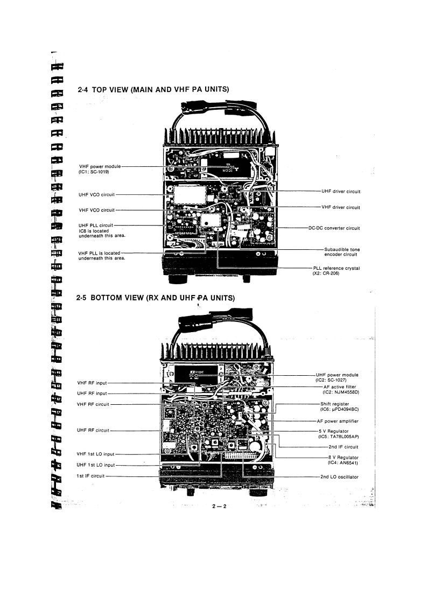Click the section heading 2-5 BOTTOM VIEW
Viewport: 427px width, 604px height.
click(x=157, y=298)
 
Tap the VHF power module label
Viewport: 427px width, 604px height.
click(x=100, y=168)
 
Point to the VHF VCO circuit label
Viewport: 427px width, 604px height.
click(x=96, y=210)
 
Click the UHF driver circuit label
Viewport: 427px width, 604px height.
click(x=340, y=191)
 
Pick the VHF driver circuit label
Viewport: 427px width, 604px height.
click(x=340, y=207)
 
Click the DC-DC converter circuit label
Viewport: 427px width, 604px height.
click(x=334, y=228)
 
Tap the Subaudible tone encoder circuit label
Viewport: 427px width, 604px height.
click(x=341, y=252)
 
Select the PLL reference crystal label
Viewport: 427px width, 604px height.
click(x=336, y=270)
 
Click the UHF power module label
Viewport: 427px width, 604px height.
click(x=337, y=377)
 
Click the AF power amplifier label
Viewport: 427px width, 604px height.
click(x=339, y=421)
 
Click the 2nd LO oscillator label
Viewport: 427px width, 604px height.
click(x=339, y=476)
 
